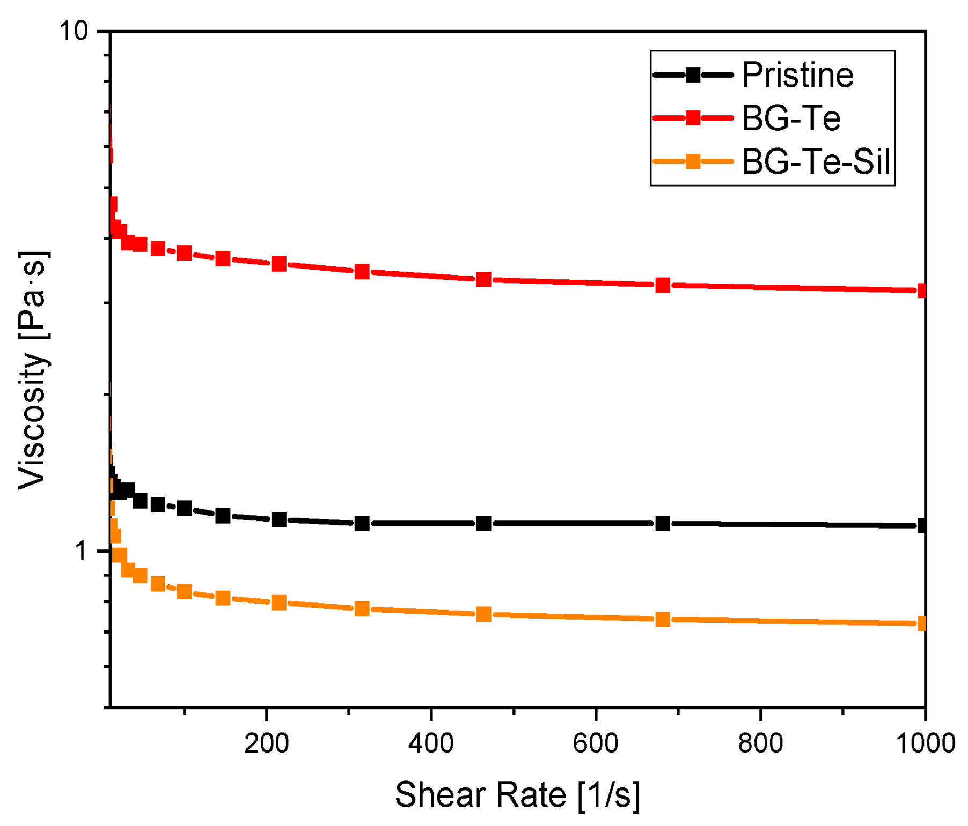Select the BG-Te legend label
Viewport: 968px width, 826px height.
790,118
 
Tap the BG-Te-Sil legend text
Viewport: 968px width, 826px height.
816,161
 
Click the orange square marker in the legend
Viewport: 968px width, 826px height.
693,161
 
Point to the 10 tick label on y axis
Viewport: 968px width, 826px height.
73,31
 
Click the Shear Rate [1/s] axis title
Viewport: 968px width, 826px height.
517,794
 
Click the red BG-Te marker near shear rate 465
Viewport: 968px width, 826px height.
483,279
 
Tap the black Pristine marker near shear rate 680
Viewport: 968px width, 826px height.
663,523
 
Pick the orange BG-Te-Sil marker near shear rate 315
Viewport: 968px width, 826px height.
362,609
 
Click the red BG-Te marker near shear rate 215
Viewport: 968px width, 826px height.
278,264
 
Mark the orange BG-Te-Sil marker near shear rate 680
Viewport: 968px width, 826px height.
663,619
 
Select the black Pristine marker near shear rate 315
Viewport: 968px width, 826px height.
362,523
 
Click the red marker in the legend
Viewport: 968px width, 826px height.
693,118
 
